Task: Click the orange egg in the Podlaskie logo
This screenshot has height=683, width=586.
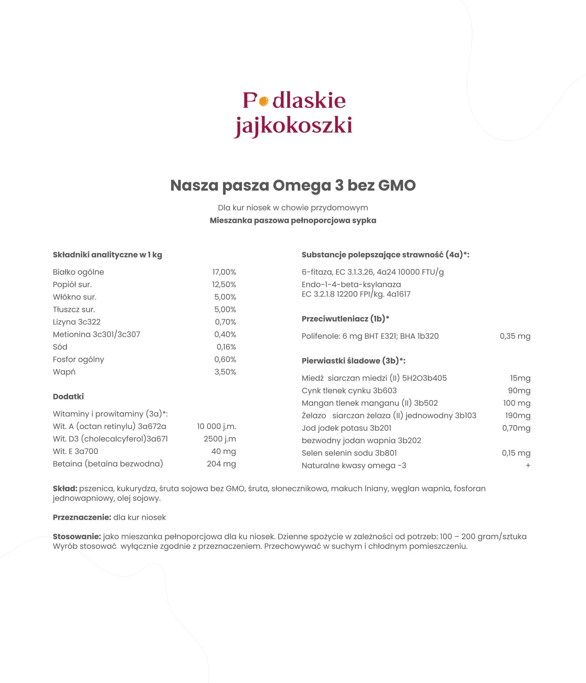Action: pos(263,101)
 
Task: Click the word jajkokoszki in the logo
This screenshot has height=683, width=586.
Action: pos(293,126)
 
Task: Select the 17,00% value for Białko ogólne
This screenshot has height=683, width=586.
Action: pos(224,272)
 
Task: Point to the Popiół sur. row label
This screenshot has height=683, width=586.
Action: pos(72,284)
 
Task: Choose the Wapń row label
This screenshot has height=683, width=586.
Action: pos(64,372)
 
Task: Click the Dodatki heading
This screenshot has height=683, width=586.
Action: pos(68,396)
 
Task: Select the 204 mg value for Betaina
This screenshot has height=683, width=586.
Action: pos(221,464)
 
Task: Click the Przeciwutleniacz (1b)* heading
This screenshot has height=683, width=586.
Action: pos(345,319)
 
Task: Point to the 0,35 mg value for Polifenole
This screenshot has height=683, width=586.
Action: pos(515,336)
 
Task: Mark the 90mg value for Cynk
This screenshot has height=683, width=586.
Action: pos(519,391)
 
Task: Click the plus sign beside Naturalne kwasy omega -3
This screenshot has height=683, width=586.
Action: pos(528,466)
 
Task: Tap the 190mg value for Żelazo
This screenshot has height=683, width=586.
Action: pos(518,416)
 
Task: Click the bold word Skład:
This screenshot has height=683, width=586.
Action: pos(65,489)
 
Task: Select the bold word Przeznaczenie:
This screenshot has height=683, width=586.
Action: pos(82,517)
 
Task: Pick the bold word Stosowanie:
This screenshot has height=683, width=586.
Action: pos(77,537)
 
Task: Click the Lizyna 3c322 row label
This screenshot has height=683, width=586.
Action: pos(77,322)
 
